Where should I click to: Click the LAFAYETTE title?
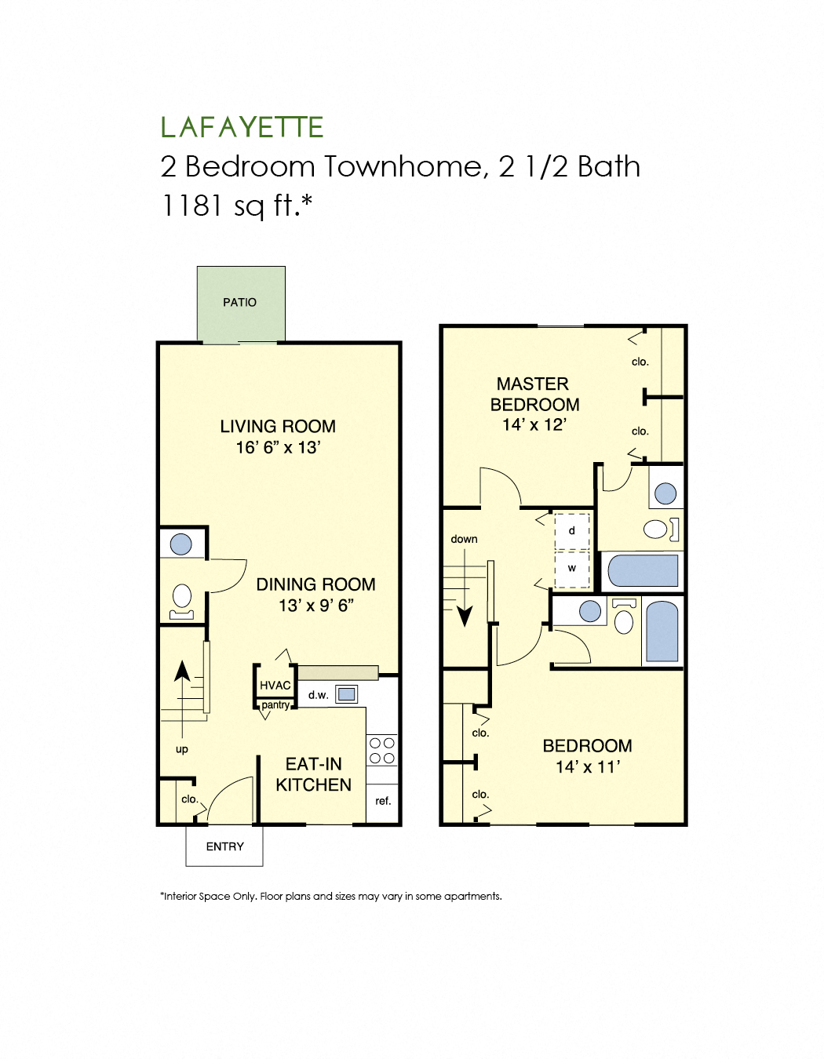pos(242,127)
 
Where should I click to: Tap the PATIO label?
pos(239,302)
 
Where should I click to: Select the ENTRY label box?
pos(224,846)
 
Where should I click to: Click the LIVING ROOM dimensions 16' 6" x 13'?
pos(278,447)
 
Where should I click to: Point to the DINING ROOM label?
pos(315,584)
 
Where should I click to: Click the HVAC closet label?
pos(275,686)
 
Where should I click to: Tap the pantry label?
pos(275,704)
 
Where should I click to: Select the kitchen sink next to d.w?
pos(346,694)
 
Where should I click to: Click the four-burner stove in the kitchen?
pos(382,750)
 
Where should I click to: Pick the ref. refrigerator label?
pos(383,801)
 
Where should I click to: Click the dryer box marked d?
pos(571,531)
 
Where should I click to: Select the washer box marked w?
pos(571,569)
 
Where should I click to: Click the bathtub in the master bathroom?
pos(643,570)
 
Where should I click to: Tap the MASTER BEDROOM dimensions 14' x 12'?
pos(534,424)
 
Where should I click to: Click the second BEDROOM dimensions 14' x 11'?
pos(588,767)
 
